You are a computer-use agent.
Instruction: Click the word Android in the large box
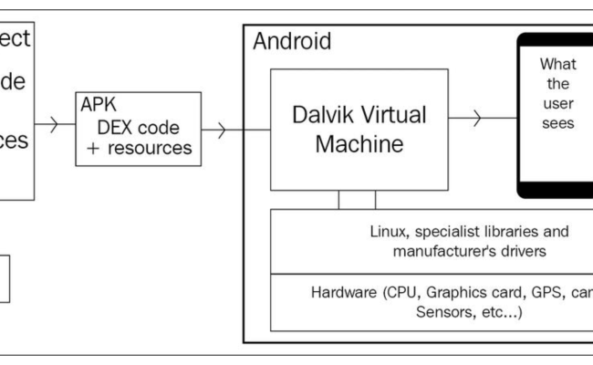[291, 41]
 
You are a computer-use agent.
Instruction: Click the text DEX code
[138, 127]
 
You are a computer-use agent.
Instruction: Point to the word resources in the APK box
[153, 146]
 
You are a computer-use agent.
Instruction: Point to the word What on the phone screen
[557, 64]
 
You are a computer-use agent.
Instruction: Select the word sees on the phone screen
[557, 122]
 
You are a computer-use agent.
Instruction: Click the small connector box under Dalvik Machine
[357, 200]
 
